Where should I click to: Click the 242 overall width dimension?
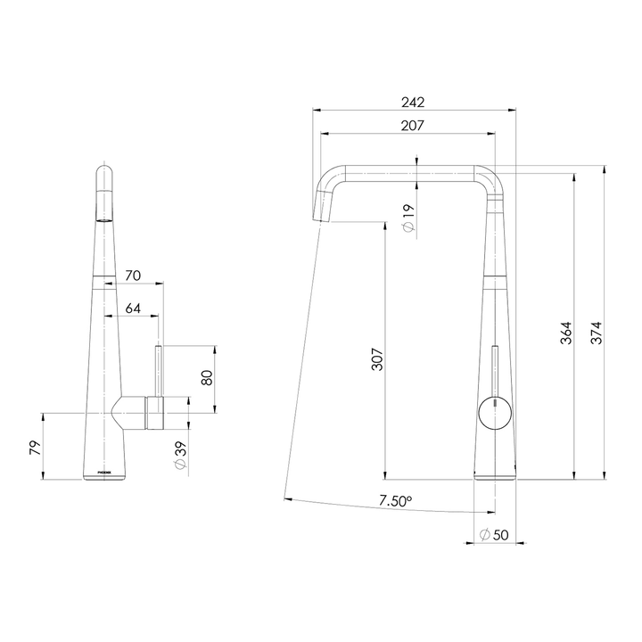(413, 102)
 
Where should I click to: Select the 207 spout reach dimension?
(412, 126)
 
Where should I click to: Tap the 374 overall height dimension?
(597, 334)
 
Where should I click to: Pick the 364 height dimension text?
(566, 334)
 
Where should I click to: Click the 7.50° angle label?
(396, 501)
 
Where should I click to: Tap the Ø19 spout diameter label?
(408, 218)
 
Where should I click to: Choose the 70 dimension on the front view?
(133, 276)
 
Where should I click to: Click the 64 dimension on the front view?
(133, 309)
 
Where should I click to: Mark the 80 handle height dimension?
(207, 378)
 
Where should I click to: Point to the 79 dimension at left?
(36, 447)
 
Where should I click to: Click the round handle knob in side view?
(492, 413)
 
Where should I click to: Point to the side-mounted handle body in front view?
(143, 412)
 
